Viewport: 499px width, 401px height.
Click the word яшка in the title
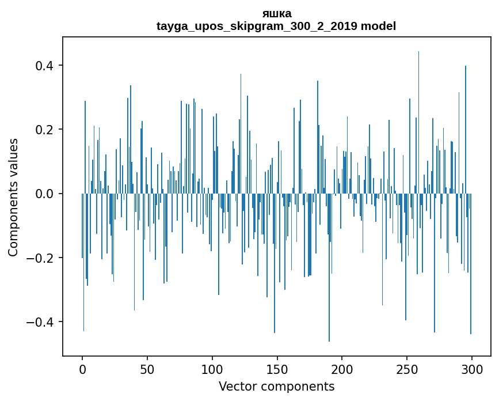[276, 13]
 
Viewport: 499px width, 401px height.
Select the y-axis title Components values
[13, 197]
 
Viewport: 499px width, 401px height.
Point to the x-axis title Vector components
[276, 386]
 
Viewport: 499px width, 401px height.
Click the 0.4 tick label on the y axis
[44, 66]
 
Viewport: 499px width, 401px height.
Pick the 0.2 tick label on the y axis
[44, 130]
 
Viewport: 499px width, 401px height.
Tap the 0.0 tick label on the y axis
[44, 194]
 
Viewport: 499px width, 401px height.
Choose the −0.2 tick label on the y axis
[40, 258]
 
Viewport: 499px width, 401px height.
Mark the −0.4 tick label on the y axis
[40, 321]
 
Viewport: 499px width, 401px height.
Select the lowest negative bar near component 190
[329, 277]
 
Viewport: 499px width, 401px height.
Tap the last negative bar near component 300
[471, 271]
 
